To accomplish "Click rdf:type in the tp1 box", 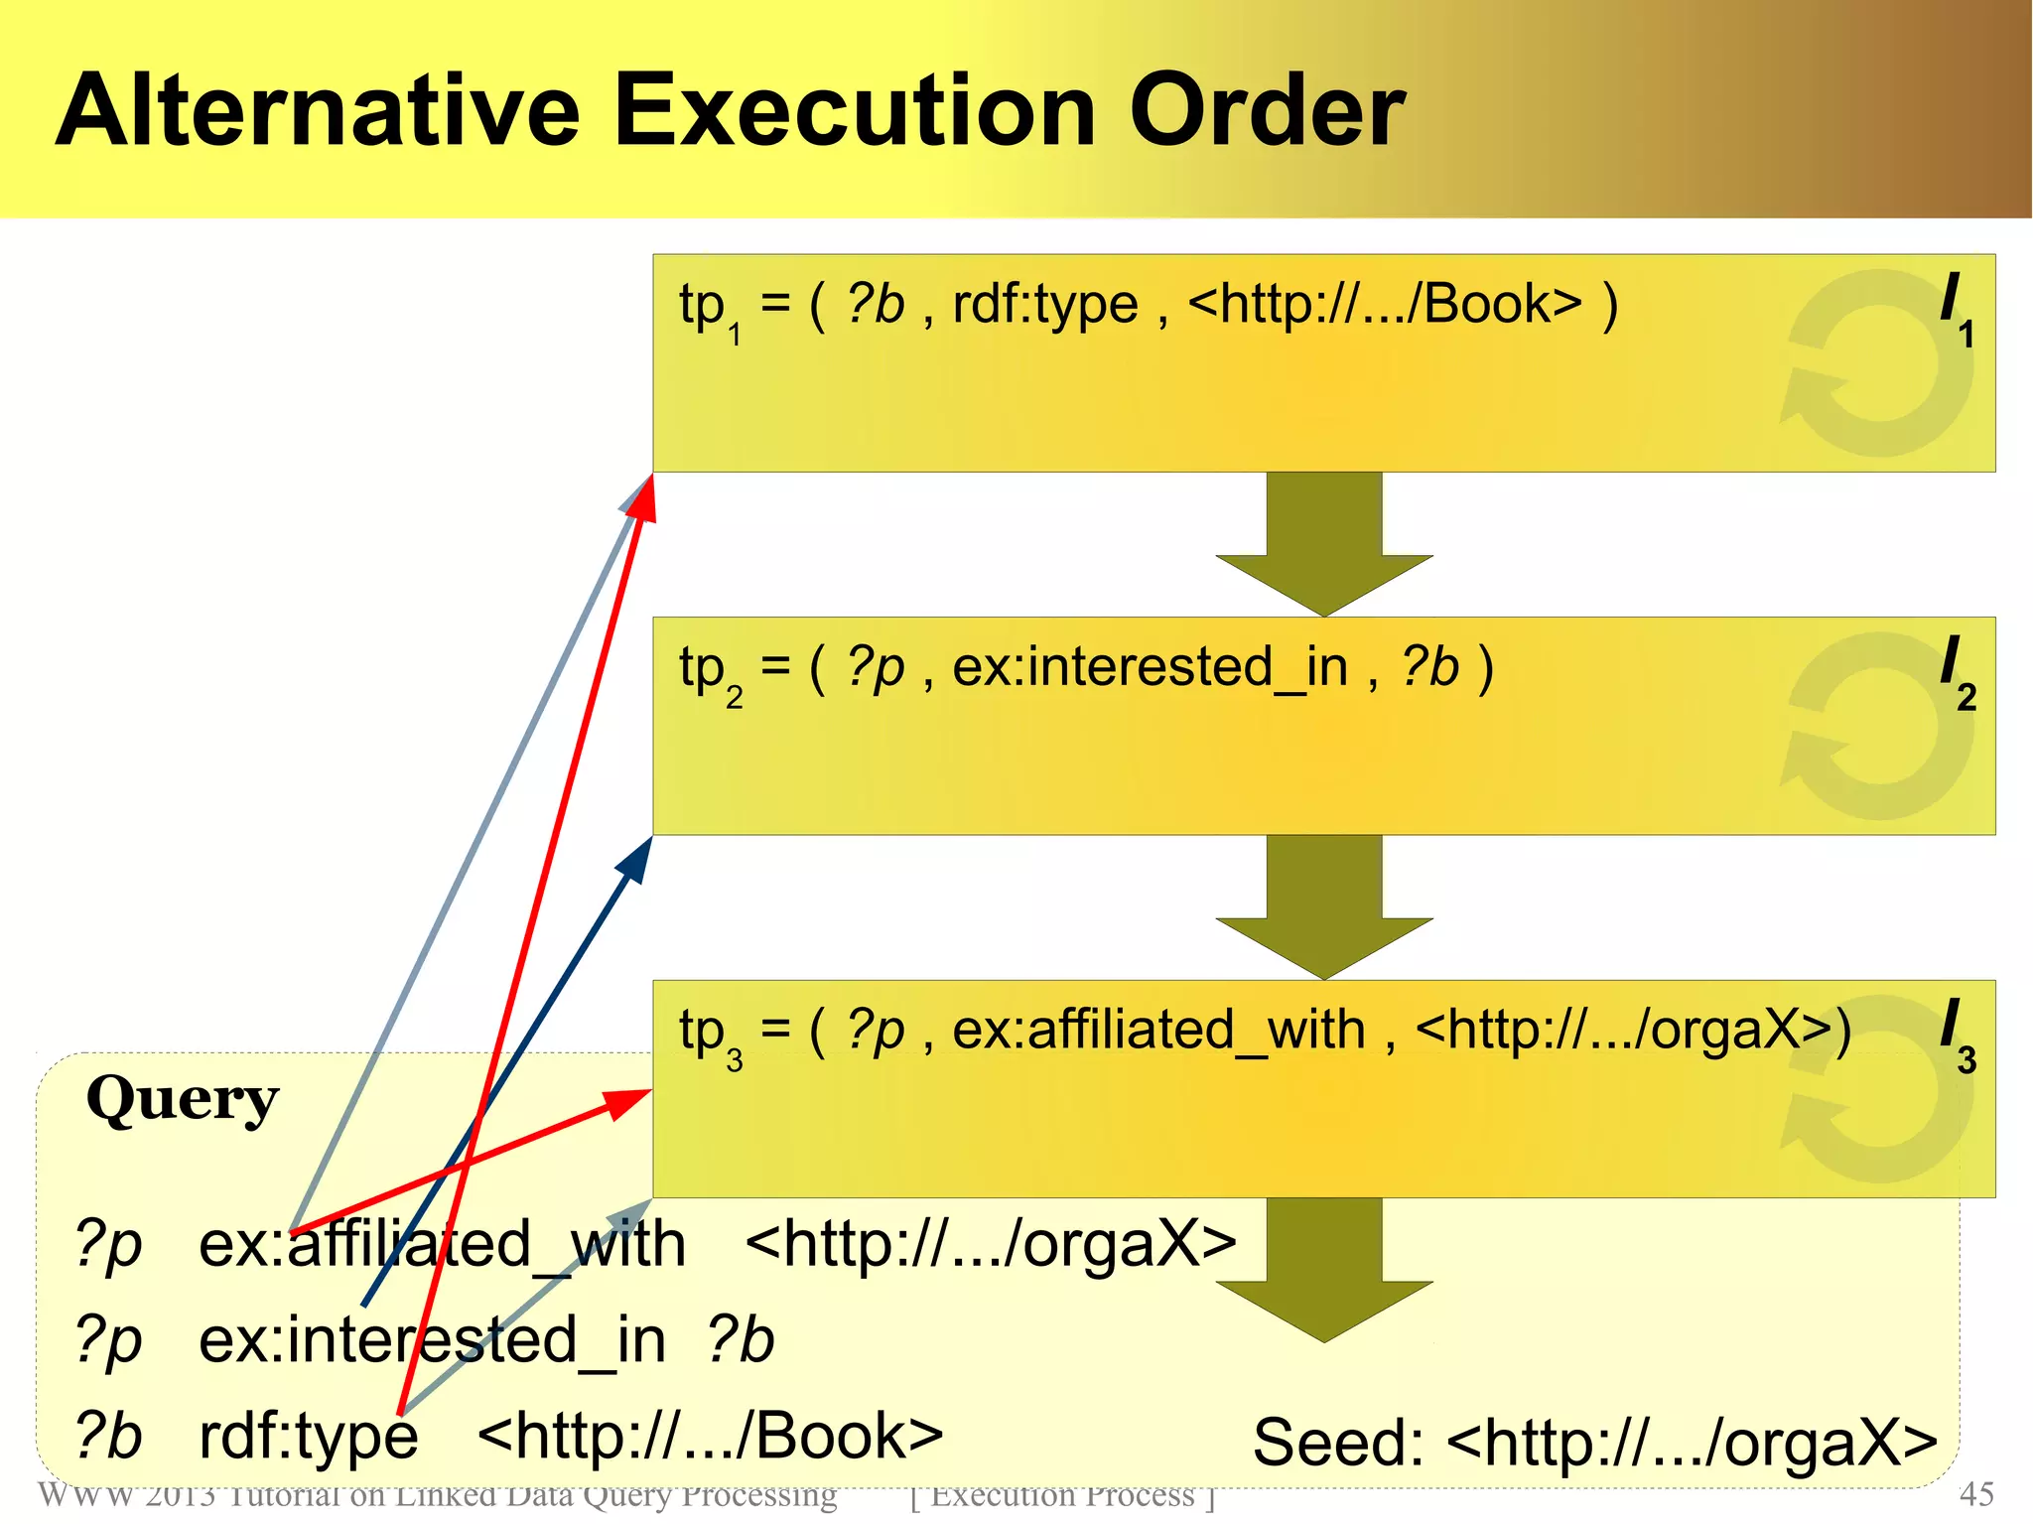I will pos(1044,304).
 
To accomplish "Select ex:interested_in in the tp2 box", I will pos(1150,667).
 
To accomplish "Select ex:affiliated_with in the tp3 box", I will pos(1158,1030).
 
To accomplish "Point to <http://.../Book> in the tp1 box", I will pos(1385,304).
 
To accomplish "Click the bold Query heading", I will pos(183,1100).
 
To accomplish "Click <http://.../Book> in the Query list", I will pos(710,1436).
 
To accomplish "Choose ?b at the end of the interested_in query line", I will pos(740,1339).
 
